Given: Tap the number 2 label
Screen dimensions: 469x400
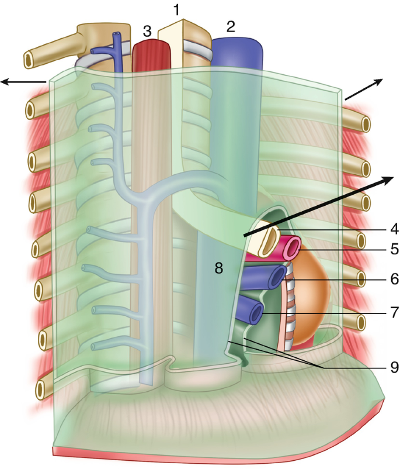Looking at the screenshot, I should [231, 26].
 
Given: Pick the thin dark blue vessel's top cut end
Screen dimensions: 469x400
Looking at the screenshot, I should [119, 35].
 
